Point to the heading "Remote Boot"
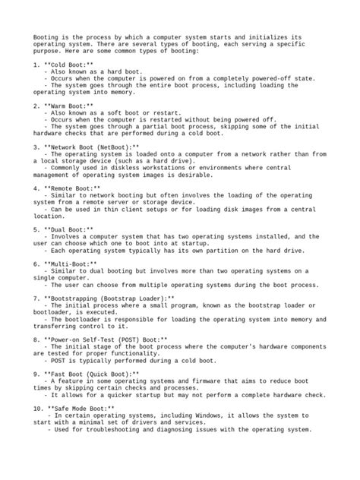click(x=73, y=186)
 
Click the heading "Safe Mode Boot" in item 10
click(x=80, y=409)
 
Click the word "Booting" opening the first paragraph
click(x=46, y=36)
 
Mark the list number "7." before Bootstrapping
click(x=36, y=298)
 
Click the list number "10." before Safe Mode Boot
click(x=39, y=409)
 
